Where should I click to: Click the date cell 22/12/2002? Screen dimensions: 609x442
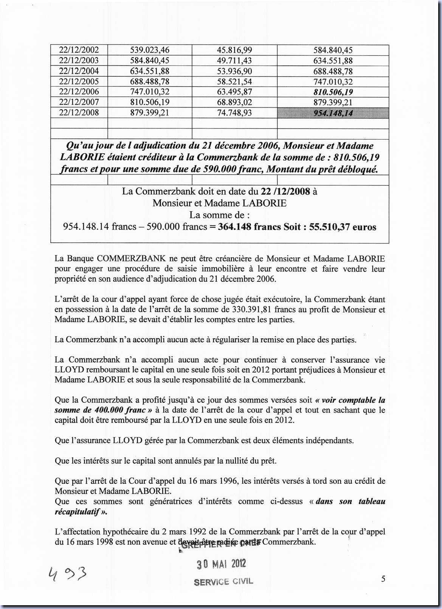[x=79, y=50]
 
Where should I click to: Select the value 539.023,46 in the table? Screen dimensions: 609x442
[x=150, y=50]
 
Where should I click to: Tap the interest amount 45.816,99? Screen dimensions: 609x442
[x=234, y=50]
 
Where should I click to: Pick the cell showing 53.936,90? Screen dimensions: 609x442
[x=234, y=71]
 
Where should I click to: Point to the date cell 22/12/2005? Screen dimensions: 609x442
[x=79, y=81]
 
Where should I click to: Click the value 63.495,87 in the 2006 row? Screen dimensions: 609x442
[x=234, y=92]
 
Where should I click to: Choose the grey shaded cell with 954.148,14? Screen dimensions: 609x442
[x=333, y=113]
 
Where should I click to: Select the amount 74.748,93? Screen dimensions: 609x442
[x=234, y=113]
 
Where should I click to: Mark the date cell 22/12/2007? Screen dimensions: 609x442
[x=79, y=102]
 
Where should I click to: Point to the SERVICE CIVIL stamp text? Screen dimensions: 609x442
[x=223, y=582]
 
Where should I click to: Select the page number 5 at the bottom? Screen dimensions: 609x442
[x=383, y=578]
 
